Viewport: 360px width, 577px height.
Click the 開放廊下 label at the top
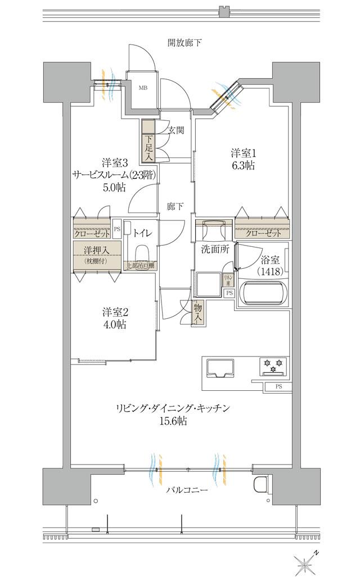point(184,42)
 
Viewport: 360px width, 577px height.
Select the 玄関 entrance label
point(176,130)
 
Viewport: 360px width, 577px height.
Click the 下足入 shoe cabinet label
point(147,148)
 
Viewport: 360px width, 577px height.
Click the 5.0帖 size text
point(114,188)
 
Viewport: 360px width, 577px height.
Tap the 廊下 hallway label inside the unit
point(175,206)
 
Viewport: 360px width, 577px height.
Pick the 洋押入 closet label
point(96,250)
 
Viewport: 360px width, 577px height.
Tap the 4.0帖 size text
point(114,325)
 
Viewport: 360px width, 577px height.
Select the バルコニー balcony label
point(187,490)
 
